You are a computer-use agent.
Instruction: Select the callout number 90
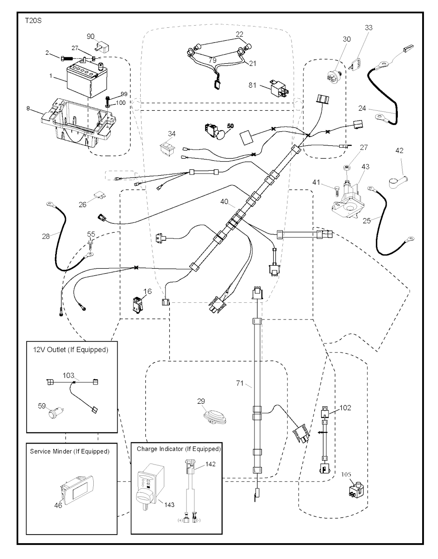[x=91, y=36]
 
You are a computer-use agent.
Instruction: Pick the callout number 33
[x=369, y=28]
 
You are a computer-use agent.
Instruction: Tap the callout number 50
[x=230, y=126]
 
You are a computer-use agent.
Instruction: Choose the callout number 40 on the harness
[x=224, y=201]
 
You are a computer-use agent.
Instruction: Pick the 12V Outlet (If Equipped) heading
[x=71, y=349]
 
